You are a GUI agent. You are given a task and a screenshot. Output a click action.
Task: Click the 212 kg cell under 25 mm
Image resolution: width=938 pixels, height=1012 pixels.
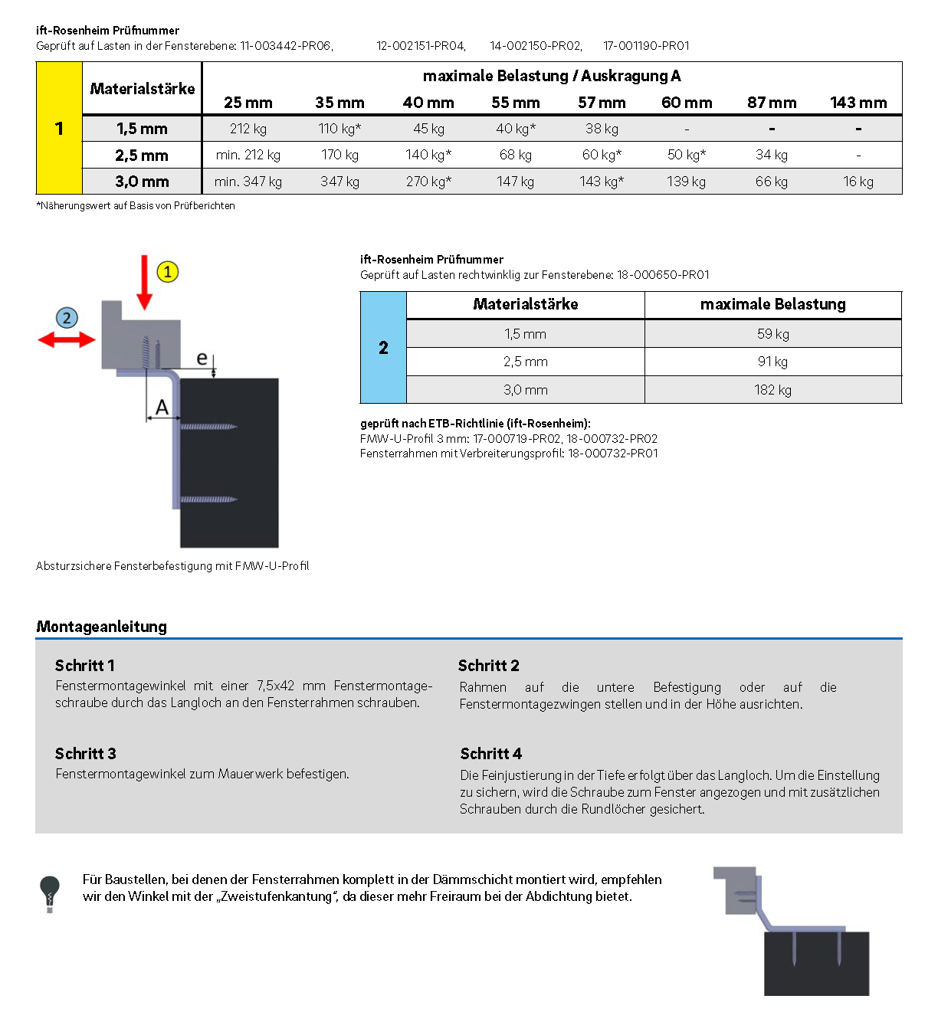point(248,129)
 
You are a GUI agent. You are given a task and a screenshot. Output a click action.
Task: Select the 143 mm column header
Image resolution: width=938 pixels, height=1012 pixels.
point(858,103)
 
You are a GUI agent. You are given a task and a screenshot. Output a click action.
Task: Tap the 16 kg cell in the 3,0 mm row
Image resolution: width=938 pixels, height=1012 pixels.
point(858,182)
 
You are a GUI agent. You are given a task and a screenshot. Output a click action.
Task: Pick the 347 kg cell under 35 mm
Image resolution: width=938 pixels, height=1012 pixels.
point(339,182)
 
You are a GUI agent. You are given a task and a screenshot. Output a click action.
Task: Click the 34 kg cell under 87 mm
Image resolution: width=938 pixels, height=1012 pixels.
point(771,155)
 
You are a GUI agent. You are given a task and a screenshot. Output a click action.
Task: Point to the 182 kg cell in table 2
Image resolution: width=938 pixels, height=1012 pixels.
point(772,390)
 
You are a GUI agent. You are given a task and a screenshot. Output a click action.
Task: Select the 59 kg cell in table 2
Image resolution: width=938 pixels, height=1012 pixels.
point(772,334)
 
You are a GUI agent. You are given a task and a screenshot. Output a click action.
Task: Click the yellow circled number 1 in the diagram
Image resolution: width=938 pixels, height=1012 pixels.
point(168,272)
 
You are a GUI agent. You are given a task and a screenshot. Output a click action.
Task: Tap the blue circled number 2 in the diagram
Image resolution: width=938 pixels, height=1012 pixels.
point(67,318)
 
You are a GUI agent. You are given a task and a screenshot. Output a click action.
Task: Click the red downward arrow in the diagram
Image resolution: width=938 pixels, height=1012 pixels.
point(144,283)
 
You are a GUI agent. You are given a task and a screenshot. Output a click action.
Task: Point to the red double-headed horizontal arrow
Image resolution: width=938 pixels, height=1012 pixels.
point(67,339)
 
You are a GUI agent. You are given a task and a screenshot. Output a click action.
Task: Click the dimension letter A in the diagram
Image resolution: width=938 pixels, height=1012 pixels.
point(162,408)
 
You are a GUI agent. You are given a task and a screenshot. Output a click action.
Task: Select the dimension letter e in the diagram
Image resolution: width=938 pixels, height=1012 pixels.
point(202,358)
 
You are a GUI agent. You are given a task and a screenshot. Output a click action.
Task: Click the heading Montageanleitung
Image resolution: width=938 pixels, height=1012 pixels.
point(101,627)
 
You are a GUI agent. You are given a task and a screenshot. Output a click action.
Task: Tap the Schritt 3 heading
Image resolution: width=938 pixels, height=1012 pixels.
point(85,754)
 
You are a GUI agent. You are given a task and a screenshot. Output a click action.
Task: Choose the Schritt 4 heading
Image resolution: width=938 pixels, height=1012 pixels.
point(490,754)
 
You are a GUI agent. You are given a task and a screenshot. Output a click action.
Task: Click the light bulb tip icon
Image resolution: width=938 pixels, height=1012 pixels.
point(50,893)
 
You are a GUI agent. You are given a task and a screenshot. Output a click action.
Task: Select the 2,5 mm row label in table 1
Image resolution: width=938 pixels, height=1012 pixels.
point(142,156)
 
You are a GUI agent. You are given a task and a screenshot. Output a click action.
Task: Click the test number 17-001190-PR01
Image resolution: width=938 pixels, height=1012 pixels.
point(646,46)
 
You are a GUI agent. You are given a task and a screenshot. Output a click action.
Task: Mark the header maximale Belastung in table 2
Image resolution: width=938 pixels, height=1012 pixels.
point(772,305)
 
